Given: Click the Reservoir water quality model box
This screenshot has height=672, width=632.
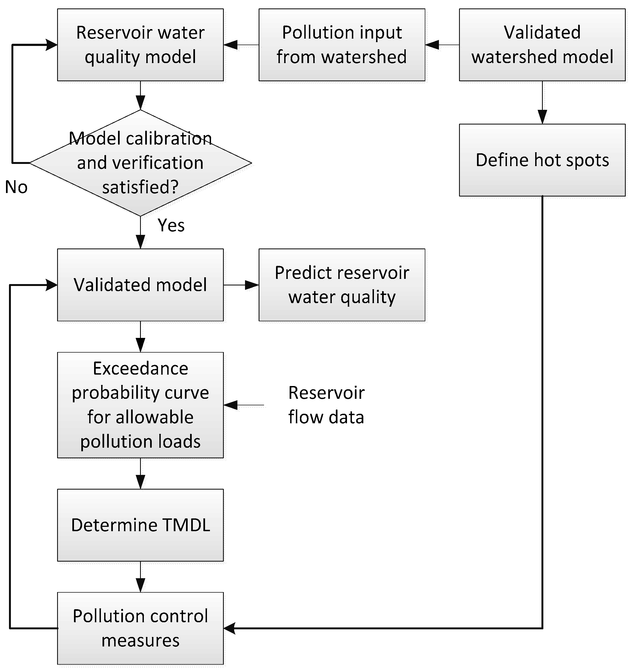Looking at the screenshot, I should click(140, 45).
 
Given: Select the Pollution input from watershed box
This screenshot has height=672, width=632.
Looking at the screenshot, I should click(342, 45).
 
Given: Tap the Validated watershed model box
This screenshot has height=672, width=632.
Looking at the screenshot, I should click(542, 45).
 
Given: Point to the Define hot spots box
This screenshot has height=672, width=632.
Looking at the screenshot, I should click(542, 160).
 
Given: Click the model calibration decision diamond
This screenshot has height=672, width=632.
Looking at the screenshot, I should click(140, 163).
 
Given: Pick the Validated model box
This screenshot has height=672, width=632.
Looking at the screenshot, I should click(140, 285).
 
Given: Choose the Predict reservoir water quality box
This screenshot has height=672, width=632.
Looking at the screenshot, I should click(342, 285).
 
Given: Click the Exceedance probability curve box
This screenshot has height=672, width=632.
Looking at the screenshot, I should click(140, 405).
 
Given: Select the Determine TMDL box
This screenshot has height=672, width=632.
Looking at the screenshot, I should click(140, 525).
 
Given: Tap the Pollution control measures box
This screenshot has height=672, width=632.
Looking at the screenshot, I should click(140, 628).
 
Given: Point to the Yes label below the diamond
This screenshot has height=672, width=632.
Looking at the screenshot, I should click(171, 225).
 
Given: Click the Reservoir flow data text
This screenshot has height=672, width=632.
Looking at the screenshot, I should click(326, 405).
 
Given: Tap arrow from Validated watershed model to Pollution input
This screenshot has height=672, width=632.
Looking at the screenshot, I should click(442, 45).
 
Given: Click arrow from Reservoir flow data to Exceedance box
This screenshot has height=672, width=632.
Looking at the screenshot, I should click(243, 405).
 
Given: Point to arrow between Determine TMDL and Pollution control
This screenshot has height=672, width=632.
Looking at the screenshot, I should click(140, 577).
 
